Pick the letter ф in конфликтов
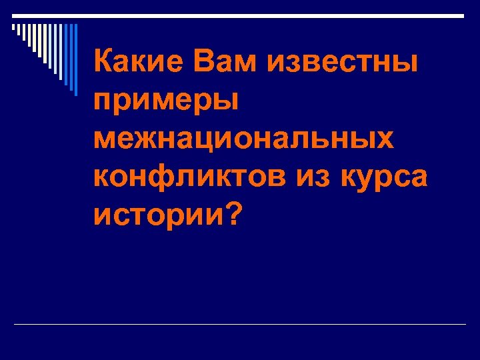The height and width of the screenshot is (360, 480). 171,178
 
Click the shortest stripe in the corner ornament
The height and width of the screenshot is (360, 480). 13,27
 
